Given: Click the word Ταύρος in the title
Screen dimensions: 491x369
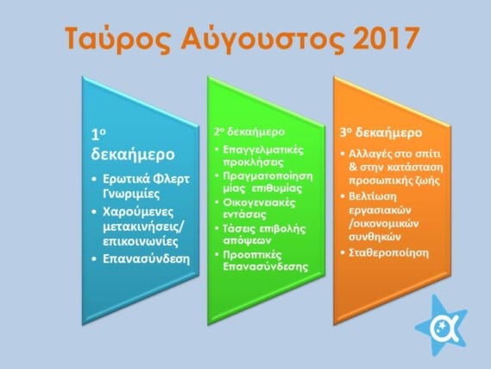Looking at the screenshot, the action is coord(118,39).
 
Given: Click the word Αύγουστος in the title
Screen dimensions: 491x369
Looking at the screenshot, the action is coord(262,39).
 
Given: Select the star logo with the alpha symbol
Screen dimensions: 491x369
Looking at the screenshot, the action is coord(442,326).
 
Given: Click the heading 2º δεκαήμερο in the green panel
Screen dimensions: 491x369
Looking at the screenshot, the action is coord(249,131).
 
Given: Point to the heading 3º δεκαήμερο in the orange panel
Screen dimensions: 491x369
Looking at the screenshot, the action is coord(381,132).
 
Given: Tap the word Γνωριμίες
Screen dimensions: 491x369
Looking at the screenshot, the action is coord(131,194).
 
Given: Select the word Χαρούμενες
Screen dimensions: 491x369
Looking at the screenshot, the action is coord(138,212).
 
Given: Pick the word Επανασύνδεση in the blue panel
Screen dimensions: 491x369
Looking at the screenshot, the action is coord(146,259).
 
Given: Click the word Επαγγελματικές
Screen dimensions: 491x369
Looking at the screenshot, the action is coord(263,150).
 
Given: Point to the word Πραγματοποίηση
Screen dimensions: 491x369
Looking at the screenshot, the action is coord(268,176).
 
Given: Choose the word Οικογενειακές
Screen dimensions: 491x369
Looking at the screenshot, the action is coord(259,202).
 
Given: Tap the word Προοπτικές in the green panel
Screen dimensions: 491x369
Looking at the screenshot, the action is coord(252,255).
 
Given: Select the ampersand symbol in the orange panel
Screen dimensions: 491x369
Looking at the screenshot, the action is coord(353,167).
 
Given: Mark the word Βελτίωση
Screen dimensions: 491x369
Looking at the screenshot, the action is coord(373,196).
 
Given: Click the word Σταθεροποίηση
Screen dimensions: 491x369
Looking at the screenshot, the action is coord(388,253).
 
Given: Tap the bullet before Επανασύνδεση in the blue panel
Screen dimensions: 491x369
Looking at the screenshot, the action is coord(94,259).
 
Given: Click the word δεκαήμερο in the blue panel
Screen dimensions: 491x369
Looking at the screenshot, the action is coord(133,155).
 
